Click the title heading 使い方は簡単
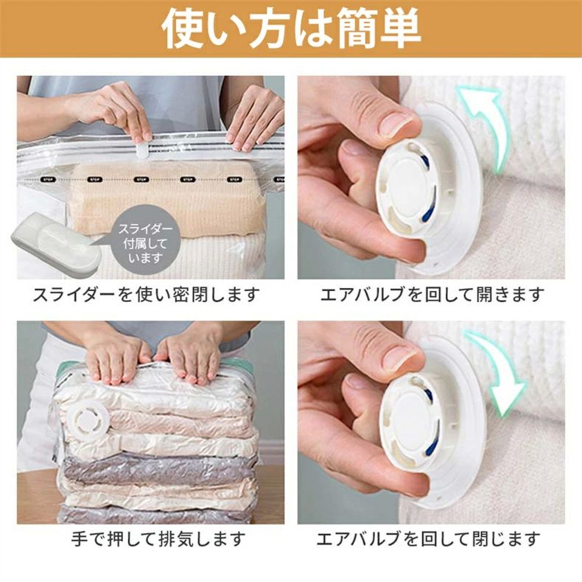[292, 29]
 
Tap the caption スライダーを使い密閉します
[147, 295]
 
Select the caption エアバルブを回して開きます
[432, 295]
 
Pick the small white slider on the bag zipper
[141, 151]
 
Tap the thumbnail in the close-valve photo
[401, 356]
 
